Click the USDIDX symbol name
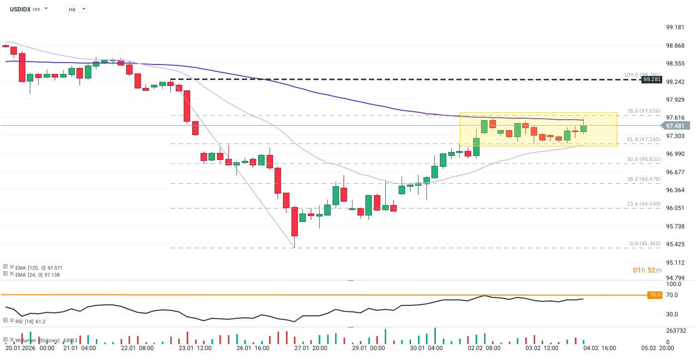(20, 9)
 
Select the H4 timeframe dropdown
(76, 9)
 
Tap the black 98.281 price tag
(651, 79)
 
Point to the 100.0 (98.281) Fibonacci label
(642, 75)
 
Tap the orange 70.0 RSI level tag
(655, 295)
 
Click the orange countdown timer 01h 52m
(647, 270)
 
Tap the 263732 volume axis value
(677, 331)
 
